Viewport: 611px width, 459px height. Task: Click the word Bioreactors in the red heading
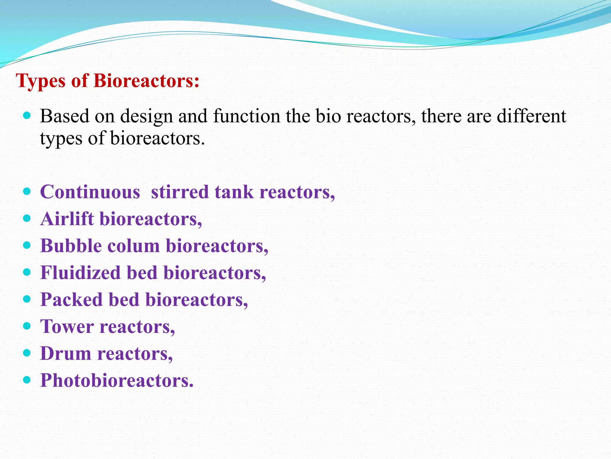146,81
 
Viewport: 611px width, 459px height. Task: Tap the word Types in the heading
41,81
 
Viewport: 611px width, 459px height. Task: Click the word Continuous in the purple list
90,192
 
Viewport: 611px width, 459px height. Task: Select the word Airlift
67,219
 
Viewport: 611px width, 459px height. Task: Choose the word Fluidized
80,273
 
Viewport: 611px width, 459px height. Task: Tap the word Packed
72,299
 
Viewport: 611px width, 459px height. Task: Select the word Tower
67,326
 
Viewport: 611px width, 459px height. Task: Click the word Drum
66,354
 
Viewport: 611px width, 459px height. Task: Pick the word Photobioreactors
117,380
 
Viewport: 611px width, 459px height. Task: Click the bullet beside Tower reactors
27,326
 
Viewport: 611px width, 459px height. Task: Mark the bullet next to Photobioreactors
27,380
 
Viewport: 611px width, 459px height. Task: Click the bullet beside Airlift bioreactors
27,218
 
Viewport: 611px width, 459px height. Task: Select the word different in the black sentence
531,116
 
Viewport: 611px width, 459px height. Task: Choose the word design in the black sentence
146,117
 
